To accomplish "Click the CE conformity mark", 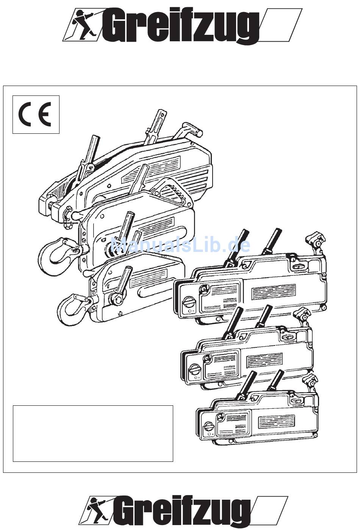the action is [35, 114].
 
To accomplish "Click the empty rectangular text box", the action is [93, 433].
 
